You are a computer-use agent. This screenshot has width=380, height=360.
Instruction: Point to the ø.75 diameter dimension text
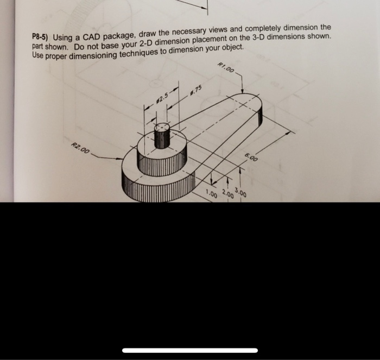[x=196, y=90]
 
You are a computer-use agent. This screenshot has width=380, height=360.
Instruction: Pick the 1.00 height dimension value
[x=211, y=194]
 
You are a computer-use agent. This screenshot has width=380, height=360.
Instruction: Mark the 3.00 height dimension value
[x=242, y=191]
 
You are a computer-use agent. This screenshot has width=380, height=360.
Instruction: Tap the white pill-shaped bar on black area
[x=190, y=350]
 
